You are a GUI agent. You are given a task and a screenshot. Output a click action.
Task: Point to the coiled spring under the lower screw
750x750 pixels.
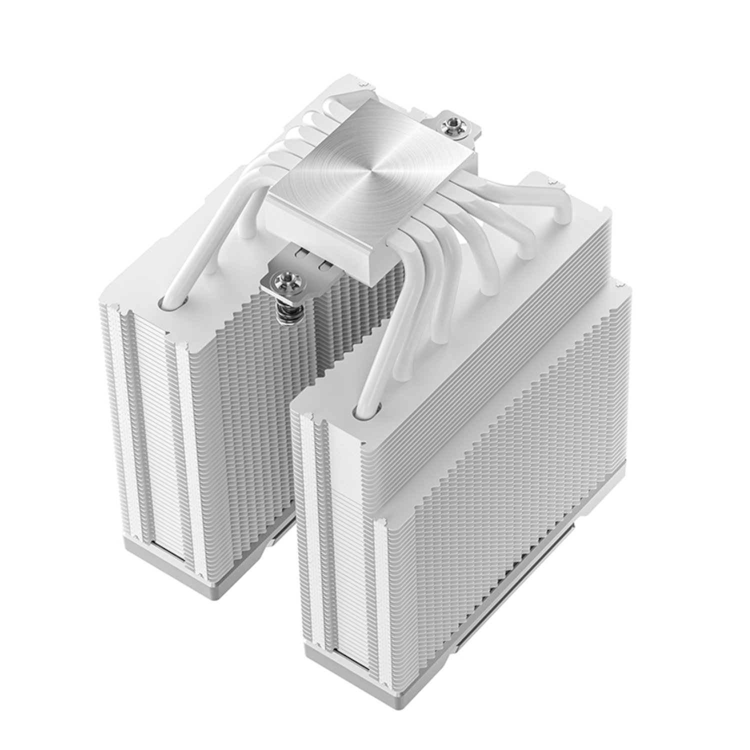[x=285, y=314]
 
